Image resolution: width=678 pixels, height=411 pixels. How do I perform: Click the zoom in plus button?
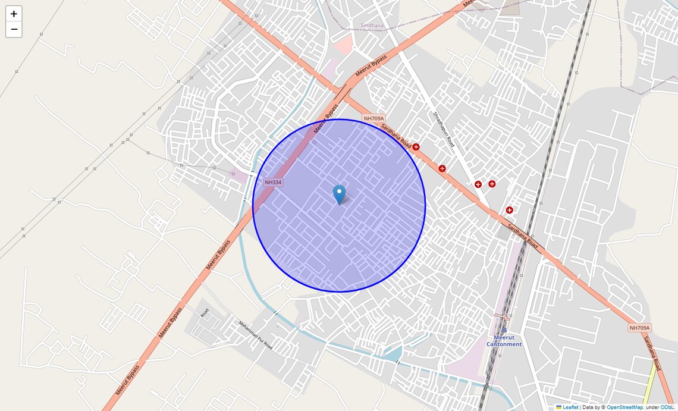pos(14,14)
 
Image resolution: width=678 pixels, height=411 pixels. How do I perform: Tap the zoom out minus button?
pos(14,30)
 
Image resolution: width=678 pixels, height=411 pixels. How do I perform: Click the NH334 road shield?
pos(273,182)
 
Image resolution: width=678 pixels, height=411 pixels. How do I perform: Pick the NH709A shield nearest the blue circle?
pos(374,118)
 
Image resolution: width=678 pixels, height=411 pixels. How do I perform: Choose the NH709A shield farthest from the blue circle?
pos(640,328)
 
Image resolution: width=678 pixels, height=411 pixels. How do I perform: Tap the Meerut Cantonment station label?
pos(504,341)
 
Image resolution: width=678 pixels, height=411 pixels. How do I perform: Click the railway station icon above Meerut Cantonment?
pos(504,329)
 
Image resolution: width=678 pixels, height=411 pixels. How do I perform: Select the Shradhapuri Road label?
pos(444,130)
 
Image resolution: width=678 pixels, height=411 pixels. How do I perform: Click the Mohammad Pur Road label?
pos(256,335)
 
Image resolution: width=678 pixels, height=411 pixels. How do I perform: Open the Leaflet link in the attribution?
pos(570,407)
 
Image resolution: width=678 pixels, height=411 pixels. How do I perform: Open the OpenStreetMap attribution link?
pos(624,407)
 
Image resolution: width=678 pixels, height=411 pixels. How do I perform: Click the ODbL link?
pos(667,407)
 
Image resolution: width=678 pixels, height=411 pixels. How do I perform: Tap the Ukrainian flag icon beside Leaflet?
pos(559,407)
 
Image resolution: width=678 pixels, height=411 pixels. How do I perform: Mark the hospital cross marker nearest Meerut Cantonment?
pos(509,210)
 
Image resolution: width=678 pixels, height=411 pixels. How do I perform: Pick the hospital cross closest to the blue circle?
pos(416,147)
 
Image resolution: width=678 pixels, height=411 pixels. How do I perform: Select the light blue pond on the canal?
pos(393,354)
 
